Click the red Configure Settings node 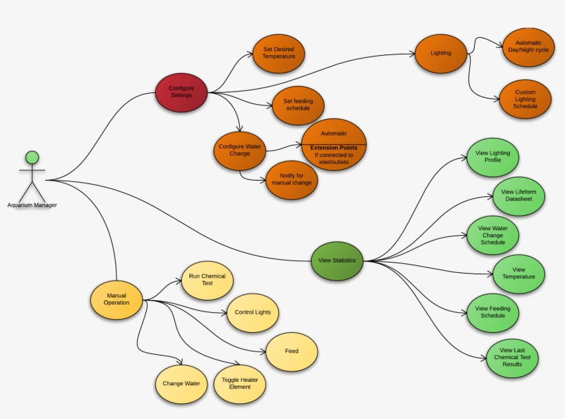181,92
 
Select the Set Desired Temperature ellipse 278,53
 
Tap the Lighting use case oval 440,53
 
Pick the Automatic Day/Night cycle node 528,47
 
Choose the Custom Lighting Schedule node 525,99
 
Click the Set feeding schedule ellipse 298,105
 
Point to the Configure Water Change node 240,150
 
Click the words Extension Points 333,147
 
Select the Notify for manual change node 292,179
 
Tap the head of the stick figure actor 32,156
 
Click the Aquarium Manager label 32,205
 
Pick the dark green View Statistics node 337,260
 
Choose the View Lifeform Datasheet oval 519,196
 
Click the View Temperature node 519,273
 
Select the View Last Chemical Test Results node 512,357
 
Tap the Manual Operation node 116,300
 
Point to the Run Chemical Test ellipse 207,280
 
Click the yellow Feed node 291,351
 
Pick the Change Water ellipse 181,383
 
